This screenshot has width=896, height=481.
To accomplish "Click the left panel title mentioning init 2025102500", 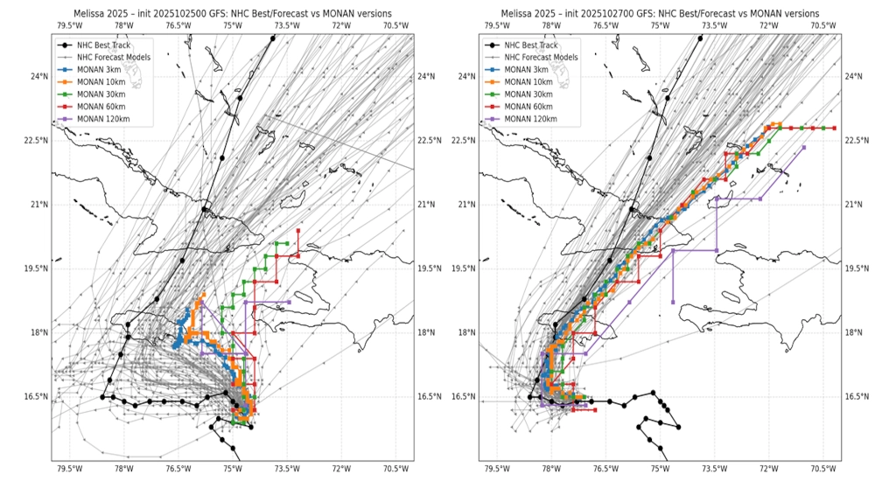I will (232, 13).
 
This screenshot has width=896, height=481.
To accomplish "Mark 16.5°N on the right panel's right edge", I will (857, 396).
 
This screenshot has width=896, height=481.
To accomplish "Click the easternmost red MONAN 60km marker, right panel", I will (834, 129).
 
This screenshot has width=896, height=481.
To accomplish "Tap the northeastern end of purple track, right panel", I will (803, 147).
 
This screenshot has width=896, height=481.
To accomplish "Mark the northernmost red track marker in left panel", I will (298, 231).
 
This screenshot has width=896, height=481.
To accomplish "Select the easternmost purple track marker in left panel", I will (289, 302).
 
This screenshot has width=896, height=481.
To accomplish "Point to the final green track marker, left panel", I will (288, 242).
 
